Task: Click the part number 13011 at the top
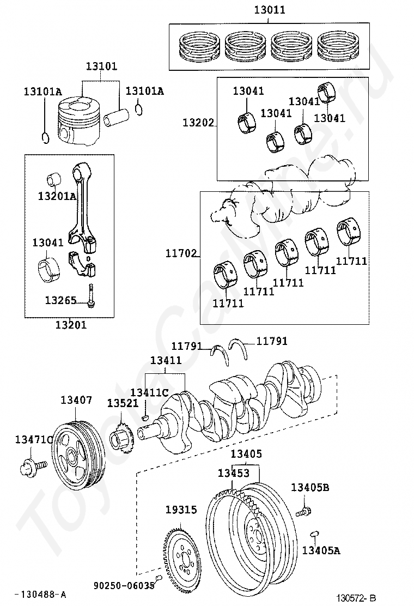[269, 9]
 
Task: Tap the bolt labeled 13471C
[32, 466]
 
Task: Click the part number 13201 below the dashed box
[71, 325]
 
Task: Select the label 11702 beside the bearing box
[181, 253]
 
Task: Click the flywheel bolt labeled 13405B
[303, 512]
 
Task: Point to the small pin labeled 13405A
[314, 534]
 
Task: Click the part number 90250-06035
[124, 586]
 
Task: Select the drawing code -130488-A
[40, 594]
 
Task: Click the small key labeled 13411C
[145, 417]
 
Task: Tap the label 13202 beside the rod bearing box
[198, 123]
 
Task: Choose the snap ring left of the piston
[45, 137]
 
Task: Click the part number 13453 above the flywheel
[234, 472]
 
